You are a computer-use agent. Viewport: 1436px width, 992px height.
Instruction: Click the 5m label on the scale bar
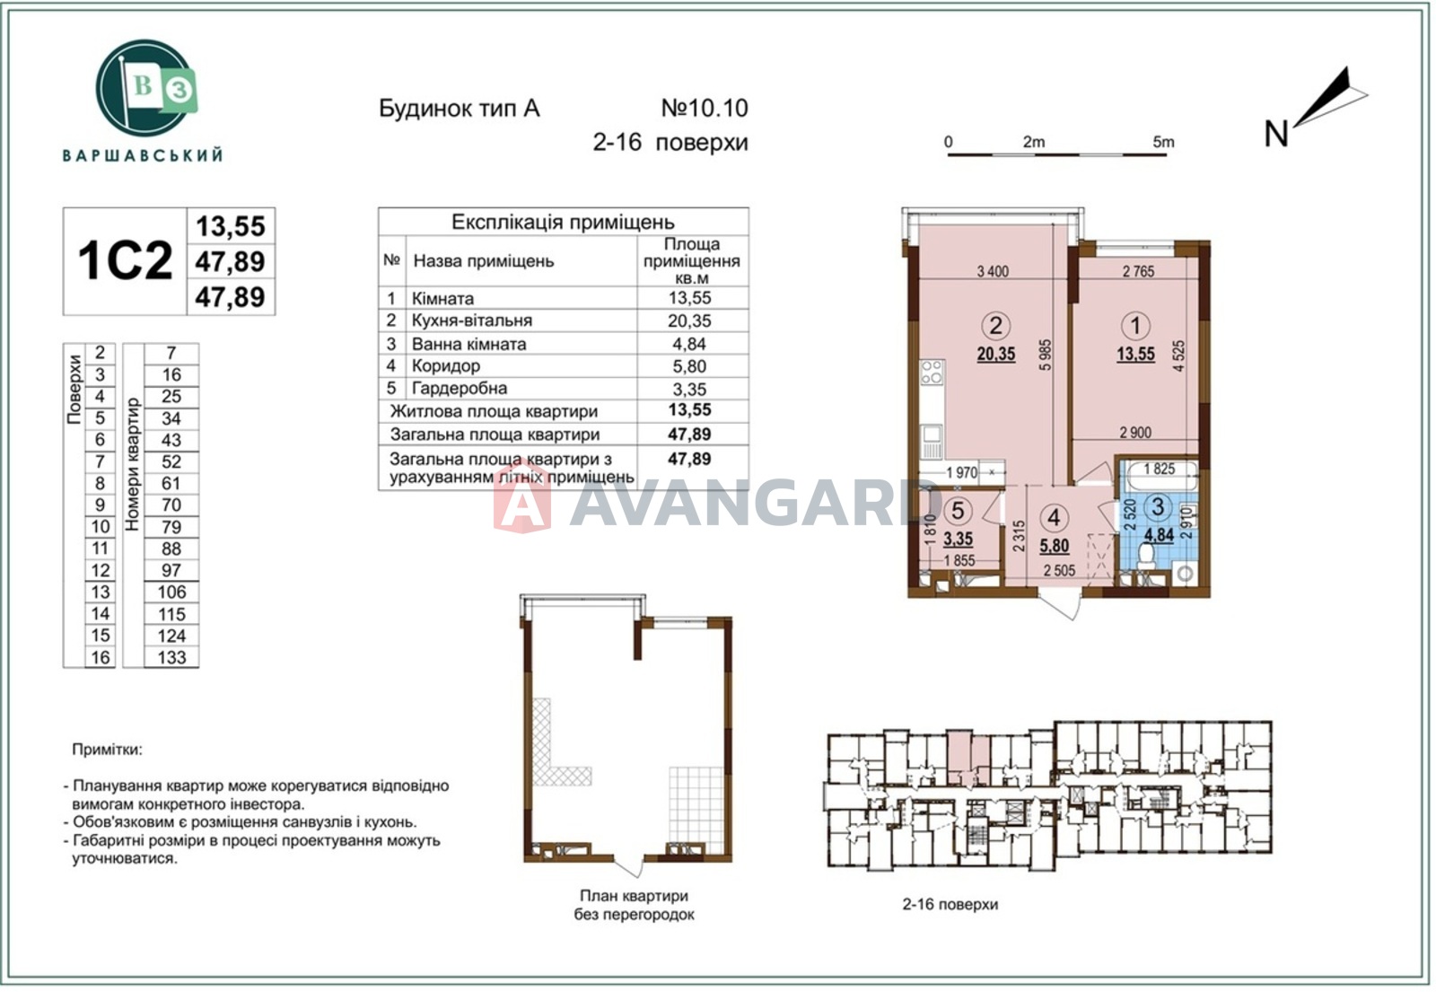pyautogui.click(x=1163, y=142)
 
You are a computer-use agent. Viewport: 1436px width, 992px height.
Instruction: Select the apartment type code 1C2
pyautogui.click(x=125, y=261)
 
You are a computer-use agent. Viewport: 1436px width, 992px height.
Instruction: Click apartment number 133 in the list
pyautogui.click(x=171, y=657)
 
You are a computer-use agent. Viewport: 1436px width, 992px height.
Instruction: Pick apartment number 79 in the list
pyautogui.click(x=171, y=526)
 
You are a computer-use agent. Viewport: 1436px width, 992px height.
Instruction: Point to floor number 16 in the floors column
pyautogui.click(x=100, y=657)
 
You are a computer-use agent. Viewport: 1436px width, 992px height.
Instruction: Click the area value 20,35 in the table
pyautogui.click(x=689, y=320)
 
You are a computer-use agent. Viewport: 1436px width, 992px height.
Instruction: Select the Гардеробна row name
pyautogui.click(x=459, y=389)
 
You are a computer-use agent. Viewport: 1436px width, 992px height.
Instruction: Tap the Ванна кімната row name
pyautogui.click(x=468, y=345)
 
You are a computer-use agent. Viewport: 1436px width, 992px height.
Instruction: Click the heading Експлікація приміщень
pyautogui.click(x=563, y=223)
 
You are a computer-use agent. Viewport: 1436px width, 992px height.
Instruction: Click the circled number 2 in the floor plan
pyautogui.click(x=995, y=326)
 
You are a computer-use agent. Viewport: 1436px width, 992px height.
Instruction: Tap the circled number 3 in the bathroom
pyautogui.click(x=1158, y=506)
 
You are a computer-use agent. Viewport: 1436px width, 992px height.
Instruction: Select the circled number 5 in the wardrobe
pyautogui.click(x=958, y=511)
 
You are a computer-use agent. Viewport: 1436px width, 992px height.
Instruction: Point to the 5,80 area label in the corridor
pyautogui.click(x=1054, y=546)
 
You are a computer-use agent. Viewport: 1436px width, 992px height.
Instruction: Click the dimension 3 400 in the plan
pyautogui.click(x=993, y=272)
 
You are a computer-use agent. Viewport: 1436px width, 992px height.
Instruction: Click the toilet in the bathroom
pyautogui.click(x=1145, y=556)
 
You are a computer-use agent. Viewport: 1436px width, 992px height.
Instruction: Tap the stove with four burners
pyautogui.click(x=932, y=372)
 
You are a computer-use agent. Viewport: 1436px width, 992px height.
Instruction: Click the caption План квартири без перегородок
pyautogui.click(x=634, y=905)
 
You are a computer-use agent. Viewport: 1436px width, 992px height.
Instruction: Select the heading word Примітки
pyautogui.click(x=107, y=749)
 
